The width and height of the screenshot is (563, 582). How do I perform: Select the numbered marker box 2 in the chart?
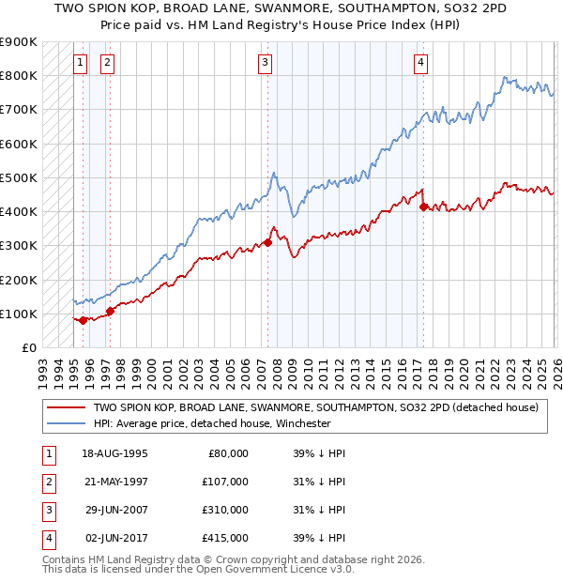coord(107,63)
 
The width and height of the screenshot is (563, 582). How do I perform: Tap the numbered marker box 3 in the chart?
coord(266,63)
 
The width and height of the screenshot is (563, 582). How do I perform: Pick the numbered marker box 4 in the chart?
coord(421,63)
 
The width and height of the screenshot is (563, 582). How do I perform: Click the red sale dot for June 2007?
coord(267,242)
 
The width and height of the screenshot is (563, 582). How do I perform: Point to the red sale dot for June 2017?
coord(423,207)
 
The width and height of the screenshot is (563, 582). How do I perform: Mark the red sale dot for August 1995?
coord(83,320)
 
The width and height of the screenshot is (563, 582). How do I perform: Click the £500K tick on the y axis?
coord(19,177)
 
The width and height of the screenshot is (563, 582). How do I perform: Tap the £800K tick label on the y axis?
coord(19,75)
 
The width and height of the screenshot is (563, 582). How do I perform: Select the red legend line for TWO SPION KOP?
coord(65,408)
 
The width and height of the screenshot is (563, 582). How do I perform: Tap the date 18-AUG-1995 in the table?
coord(114,453)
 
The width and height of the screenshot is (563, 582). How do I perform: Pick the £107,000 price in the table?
coord(224,482)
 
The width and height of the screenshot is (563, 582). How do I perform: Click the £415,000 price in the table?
coord(224,538)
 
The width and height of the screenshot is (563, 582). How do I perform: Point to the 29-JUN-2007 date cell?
coord(114,510)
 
